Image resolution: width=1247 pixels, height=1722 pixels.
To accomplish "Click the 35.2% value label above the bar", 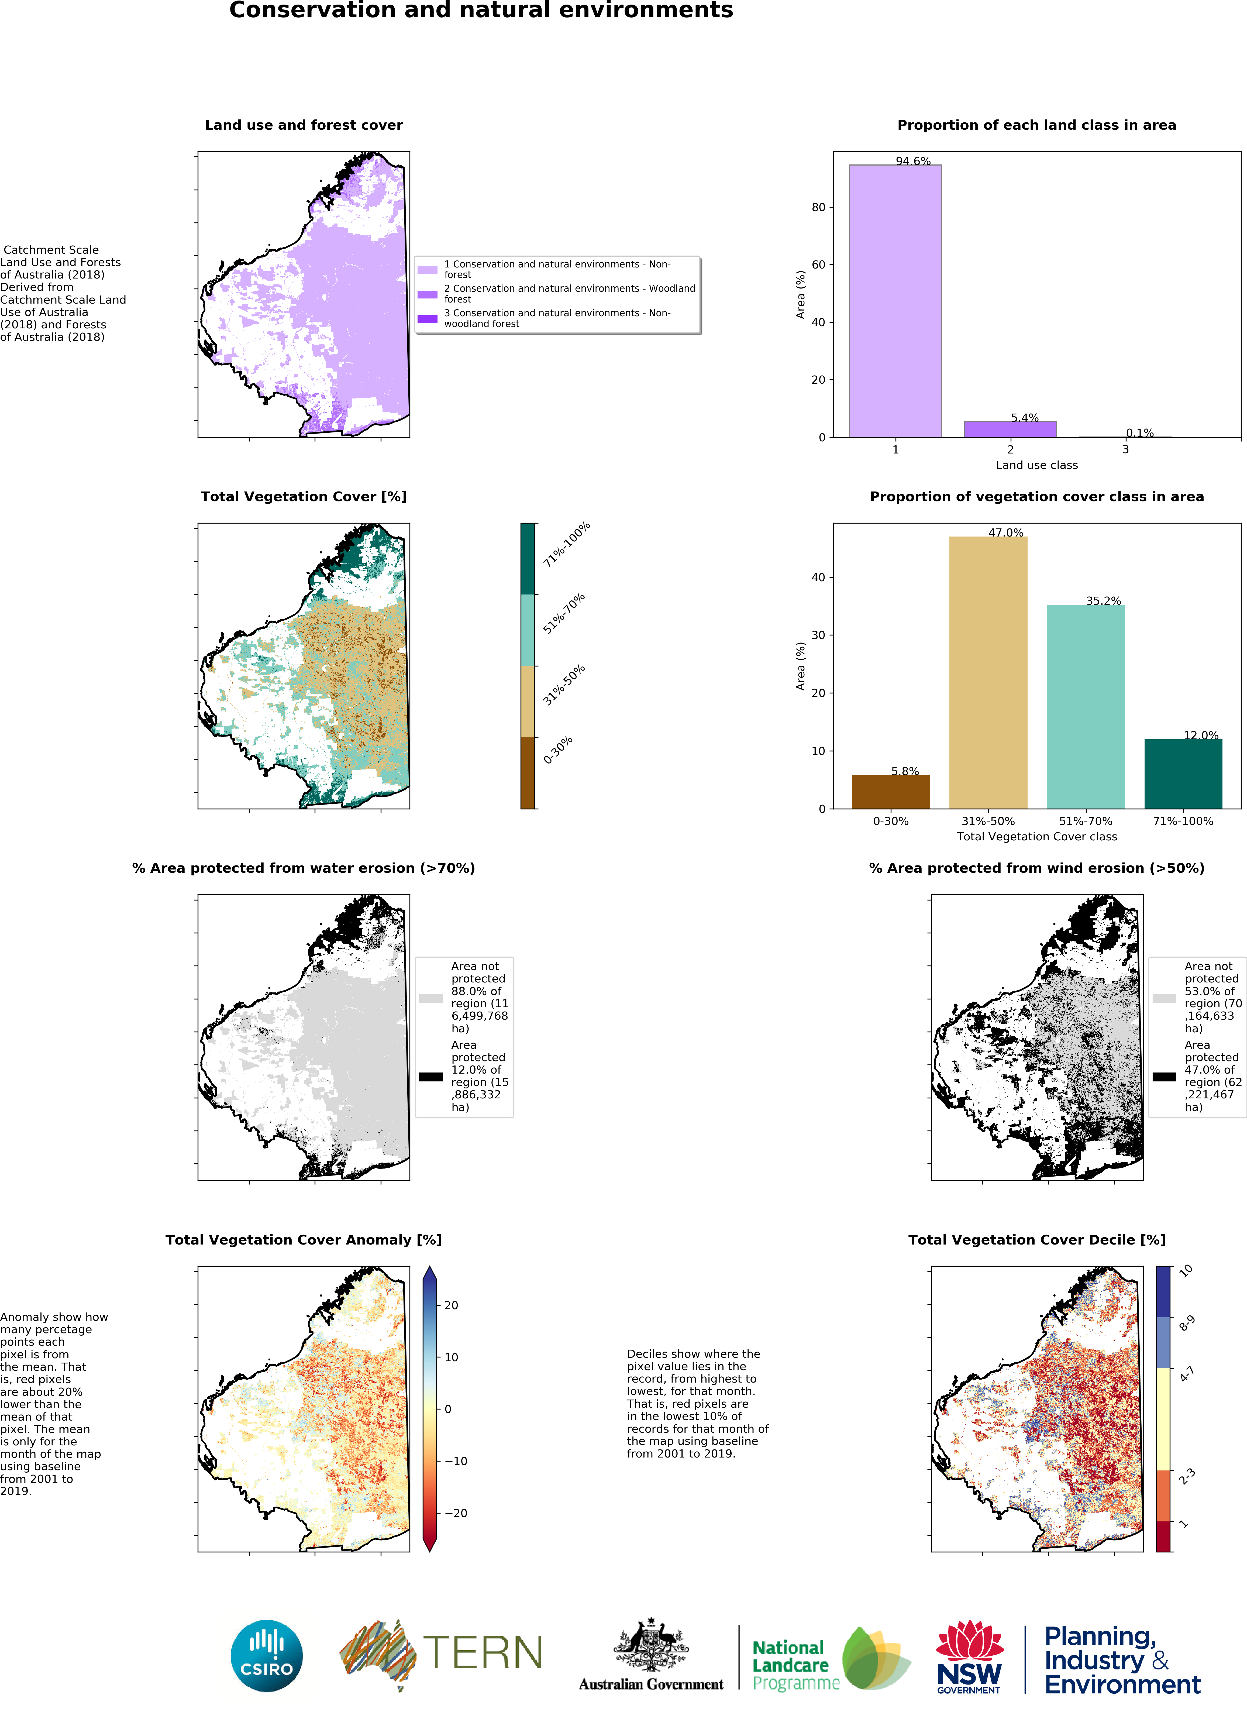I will pyautogui.click(x=1103, y=601).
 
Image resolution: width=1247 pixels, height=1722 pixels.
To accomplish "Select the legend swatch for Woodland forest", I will pyautogui.click(x=427, y=294).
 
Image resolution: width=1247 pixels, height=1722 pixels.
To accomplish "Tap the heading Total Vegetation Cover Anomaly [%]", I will pyautogui.click(x=304, y=1240).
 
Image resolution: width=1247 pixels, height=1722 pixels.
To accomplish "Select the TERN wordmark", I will pyautogui.click(x=483, y=1653).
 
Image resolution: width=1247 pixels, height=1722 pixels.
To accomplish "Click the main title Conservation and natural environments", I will pyautogui.click(x=481, y=11).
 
